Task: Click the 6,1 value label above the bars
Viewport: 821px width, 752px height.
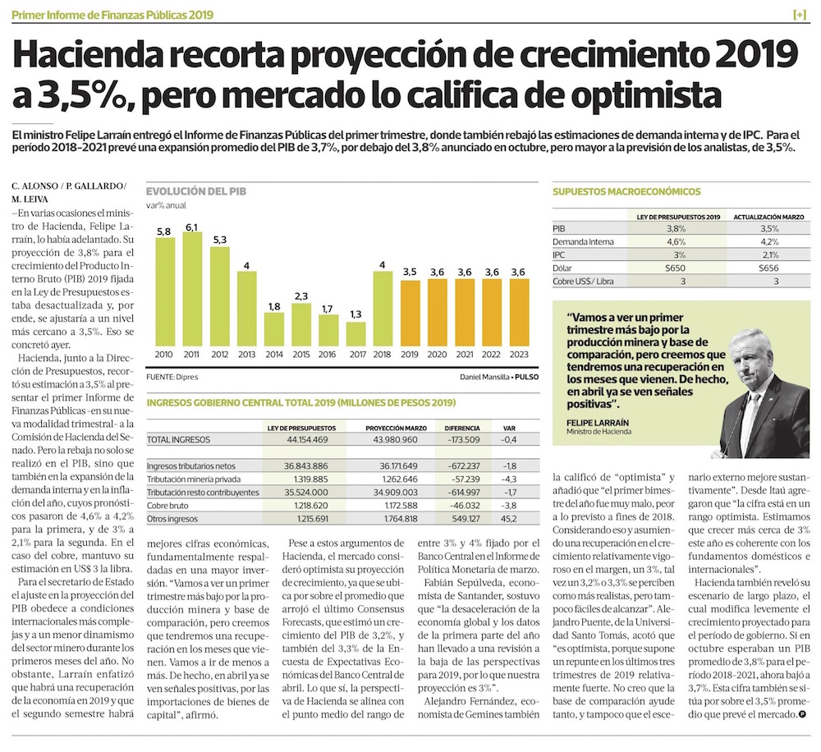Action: pos(192,227)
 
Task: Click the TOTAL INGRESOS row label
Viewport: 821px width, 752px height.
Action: pos(178,440)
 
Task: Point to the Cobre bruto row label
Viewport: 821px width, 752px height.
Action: pos(169,506)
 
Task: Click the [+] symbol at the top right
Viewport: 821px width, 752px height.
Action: pos(800,15)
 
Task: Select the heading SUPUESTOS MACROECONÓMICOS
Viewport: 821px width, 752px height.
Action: pos(626,191)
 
